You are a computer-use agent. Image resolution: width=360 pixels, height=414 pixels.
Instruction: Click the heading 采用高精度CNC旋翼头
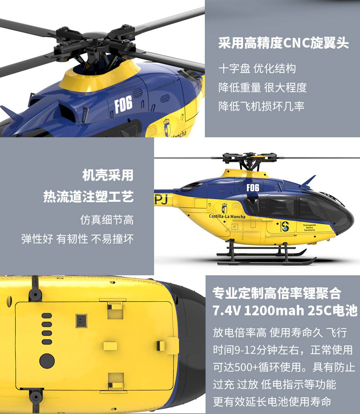click(283, 43)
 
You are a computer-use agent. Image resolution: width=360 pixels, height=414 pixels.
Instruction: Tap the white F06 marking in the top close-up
click(123, 104)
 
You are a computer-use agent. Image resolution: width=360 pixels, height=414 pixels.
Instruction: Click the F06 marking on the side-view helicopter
click(253, 188)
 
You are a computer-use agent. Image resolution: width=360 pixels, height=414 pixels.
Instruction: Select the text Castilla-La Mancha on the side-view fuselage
click(227, 217)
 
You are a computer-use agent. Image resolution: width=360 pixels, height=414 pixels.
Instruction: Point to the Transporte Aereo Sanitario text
click(309, 228)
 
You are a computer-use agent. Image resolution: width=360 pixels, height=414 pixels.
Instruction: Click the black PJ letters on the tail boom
click(161, 200)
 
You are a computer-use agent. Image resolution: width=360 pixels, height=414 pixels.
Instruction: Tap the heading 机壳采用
click(108, 175)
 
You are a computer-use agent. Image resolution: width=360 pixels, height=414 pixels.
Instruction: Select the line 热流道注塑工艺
click(89, 196)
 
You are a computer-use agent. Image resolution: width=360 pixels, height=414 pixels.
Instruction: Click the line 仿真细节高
click(107, 220)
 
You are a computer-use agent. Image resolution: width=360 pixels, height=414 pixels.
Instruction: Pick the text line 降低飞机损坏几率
click(261, 106)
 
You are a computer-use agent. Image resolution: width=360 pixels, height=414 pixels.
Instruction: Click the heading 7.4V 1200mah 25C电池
click(285, 311)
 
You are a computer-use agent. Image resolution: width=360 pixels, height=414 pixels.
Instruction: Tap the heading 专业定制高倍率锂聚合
click(276, 293)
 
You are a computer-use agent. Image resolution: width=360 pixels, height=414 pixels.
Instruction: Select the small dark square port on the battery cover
click(81, 321)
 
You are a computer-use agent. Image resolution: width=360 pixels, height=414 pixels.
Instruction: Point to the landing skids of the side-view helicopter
click(266, 255)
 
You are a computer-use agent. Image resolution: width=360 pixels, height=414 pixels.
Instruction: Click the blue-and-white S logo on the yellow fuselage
click(285, 226)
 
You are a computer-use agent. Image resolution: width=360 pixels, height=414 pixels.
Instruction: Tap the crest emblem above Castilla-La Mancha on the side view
click(224, 208)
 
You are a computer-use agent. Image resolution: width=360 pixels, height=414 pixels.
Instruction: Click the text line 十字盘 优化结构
click(257, 69)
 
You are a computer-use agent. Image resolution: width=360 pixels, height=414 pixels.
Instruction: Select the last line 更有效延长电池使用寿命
click(272, 402)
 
